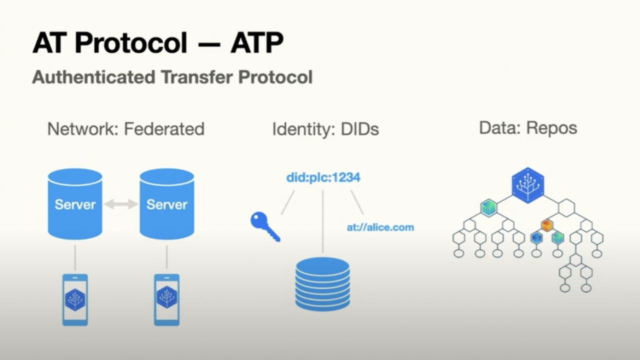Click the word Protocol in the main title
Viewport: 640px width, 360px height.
pos(130,42)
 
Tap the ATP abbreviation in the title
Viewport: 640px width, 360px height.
pos(257,42)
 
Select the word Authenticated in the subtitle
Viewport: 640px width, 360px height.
pos(93,77)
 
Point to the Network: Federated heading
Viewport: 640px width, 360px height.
pos(125,129)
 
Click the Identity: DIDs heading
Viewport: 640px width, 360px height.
pos(325,129)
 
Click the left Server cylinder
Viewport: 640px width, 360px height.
pos(75,204)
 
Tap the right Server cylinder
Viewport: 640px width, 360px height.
pos(167,204)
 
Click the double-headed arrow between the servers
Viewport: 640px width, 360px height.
pos(121,204)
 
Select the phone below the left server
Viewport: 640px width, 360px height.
pos(75,299)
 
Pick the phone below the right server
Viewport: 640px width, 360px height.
pos(167,299)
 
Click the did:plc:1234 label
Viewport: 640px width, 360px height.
pos(323,177)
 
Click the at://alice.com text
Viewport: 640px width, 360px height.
pos(380,227)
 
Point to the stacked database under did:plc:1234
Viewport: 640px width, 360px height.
pos(322,284)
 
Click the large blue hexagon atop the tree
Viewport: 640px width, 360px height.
pos(527,185)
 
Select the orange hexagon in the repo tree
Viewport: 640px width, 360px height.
pos(547,225)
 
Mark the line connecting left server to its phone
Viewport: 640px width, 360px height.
pos(75,257)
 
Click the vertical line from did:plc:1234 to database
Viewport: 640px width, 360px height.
pos(323,221)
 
